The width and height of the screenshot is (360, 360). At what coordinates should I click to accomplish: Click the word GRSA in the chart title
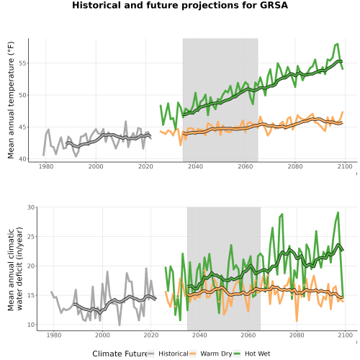(274, 5)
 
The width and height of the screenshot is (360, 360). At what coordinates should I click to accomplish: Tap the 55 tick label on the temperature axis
(22, 63)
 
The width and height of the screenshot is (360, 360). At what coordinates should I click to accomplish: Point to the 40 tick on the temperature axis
(22, 159)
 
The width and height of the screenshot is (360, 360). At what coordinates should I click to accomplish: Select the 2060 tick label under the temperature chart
(246, 166)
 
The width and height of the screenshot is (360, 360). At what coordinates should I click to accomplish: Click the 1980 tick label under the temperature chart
(46, 166)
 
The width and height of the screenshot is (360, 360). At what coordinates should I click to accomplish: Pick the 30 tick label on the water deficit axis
(31, 207)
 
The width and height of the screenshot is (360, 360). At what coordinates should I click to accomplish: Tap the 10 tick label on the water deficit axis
(31, 325)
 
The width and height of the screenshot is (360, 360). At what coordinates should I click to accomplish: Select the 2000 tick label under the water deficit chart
(102, 335)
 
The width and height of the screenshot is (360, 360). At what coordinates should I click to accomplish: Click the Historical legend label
(174, 354)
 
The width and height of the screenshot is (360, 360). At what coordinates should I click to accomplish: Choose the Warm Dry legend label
(216, 354)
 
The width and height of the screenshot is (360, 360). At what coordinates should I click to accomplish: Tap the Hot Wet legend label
(258, 354)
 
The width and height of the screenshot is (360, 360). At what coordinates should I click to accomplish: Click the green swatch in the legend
(237, 354)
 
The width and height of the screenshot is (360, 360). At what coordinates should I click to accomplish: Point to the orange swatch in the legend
(193, 354)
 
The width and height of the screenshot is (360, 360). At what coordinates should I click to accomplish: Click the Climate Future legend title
(120, 354)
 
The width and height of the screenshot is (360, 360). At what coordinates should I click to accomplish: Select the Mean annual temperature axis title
(11, 100)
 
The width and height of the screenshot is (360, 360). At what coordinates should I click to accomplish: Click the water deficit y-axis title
(15, 269)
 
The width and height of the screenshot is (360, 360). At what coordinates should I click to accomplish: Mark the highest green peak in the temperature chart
(338, 44)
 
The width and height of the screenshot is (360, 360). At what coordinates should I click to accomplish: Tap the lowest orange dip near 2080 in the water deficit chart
(297, 321)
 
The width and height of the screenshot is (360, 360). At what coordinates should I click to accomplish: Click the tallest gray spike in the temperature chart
(125, 122)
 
